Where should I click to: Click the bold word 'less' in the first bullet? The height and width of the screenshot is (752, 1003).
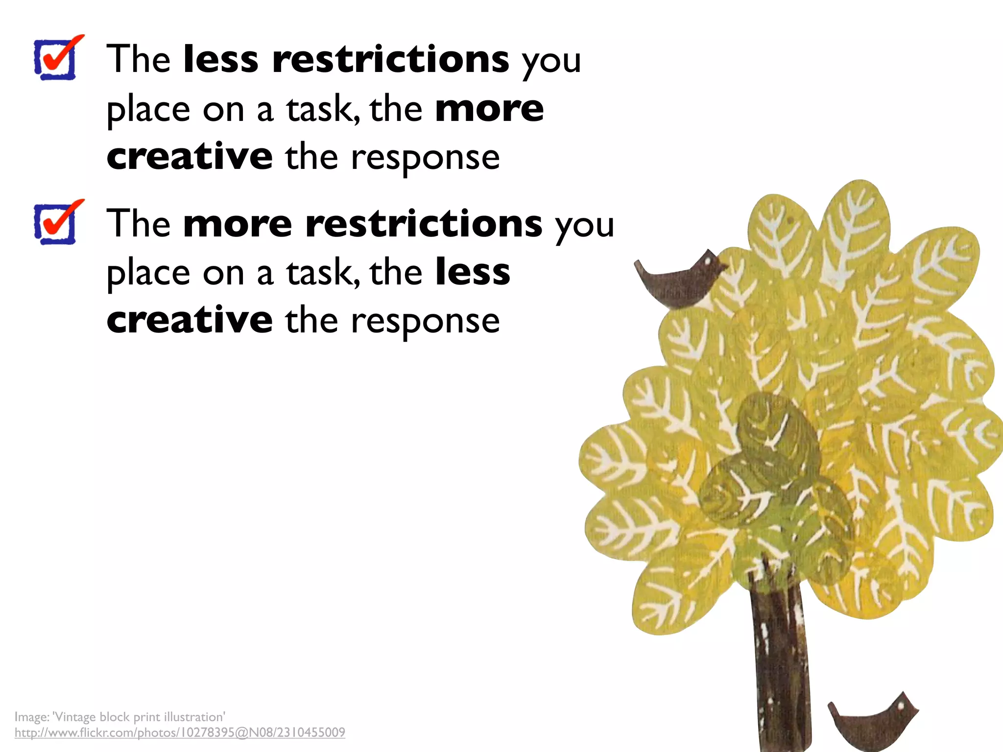(x=220, y=60)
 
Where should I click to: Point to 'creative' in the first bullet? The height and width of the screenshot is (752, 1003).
(x=190, y=157)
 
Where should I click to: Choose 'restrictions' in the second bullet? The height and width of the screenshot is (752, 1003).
(x=424, y=224)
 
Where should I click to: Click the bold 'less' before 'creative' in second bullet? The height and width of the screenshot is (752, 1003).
(x=473, y=272)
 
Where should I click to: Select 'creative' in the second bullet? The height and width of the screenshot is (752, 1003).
(x=190, y=321)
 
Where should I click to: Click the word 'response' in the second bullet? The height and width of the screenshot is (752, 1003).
(x=425, y=323)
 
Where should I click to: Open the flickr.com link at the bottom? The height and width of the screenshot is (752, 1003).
(x=180, y=733)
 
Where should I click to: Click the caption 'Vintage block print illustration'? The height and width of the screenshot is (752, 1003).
(x=139, y=717)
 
